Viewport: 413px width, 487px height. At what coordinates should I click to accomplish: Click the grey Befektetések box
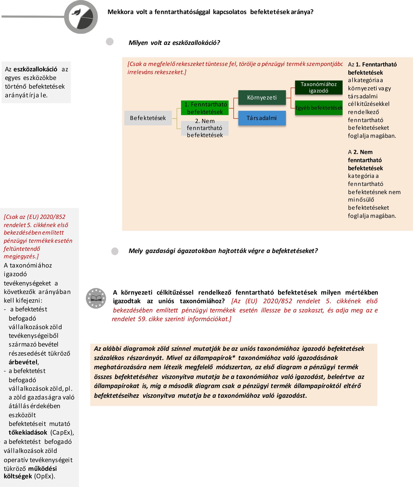click(148, 118)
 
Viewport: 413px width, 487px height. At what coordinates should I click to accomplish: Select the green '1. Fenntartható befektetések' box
click(205, 108)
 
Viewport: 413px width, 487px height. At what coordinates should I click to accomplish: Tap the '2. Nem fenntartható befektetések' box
click(205, 128)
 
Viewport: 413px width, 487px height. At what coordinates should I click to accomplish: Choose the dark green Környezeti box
click(262, 98)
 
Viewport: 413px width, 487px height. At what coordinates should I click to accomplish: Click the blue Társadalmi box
click(262, 118)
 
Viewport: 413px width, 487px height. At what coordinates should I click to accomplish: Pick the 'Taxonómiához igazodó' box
click(319, 87)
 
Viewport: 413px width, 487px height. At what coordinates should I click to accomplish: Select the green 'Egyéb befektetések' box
click(319, 108)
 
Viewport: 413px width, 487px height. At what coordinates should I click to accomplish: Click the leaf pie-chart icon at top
click(81, 17)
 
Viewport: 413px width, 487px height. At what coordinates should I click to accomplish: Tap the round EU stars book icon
click(96, 298)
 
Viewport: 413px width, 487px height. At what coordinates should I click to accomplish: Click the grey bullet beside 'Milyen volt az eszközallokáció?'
click(110, 42)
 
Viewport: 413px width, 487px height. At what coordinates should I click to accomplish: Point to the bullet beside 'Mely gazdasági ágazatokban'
click(115, 251)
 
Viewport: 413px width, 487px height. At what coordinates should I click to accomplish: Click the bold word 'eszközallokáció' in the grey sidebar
click(35, 69)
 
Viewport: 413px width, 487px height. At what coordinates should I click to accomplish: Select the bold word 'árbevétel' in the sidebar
click(23, 362)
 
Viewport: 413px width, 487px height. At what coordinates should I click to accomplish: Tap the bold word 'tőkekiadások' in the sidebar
click(28, 433)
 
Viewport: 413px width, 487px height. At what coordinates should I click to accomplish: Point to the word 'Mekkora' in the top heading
click(120, 12)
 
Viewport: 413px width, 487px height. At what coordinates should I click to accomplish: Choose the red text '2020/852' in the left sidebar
click(53, 217)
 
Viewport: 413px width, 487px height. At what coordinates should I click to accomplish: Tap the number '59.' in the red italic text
click(142, 319)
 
